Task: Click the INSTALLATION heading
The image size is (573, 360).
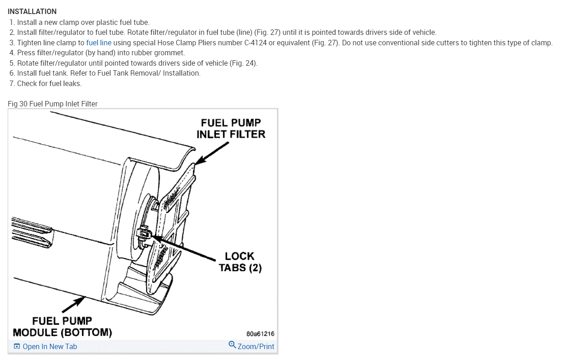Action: click(32, 11)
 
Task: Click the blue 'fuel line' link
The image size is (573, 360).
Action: click(99, 43)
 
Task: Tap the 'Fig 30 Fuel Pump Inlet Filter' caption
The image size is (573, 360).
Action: click(53, 104)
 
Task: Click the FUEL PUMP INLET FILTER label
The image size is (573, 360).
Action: click(231, 128)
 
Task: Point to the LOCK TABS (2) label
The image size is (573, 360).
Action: click(240, 262)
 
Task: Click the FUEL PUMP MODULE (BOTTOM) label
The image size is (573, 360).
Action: click(62, 326)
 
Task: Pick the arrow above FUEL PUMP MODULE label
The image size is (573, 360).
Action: click(74, 304)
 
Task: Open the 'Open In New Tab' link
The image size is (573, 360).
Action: click(50, 346)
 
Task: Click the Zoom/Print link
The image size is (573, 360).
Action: click(256, 346)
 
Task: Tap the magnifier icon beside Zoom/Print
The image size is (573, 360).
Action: click(232, 345)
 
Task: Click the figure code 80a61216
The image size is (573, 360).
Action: click(260, 334)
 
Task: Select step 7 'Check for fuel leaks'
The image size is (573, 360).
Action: click(49, 83)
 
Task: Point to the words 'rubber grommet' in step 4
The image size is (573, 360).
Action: click(160, 53)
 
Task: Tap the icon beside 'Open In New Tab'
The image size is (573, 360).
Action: click(17, 346)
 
